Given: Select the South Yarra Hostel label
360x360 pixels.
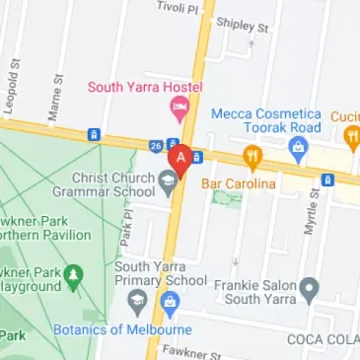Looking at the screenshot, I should (144, 87).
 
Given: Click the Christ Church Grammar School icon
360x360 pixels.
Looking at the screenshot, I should (169, 177).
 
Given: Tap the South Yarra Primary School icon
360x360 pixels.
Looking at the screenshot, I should (135, 299).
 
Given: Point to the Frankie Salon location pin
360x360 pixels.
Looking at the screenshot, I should (310, 290).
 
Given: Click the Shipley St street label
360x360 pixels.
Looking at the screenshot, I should (243, 24).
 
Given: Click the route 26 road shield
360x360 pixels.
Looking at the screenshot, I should (156, 147).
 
